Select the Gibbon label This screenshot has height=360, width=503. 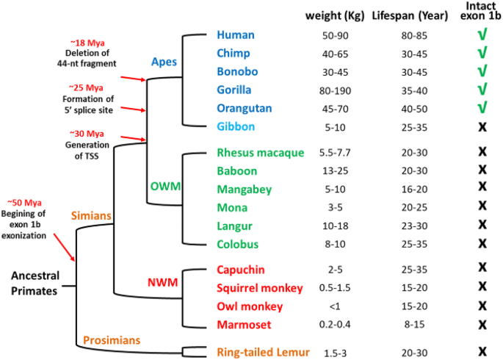235,126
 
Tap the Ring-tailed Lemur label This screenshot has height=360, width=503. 262,352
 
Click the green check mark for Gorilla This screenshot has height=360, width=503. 482,90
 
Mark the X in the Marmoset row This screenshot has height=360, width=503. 482,324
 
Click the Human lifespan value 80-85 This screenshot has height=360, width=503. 397,35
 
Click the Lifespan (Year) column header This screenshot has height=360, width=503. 402,15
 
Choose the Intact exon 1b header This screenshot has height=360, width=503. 482,12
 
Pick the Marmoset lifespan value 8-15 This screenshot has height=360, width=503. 397,324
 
